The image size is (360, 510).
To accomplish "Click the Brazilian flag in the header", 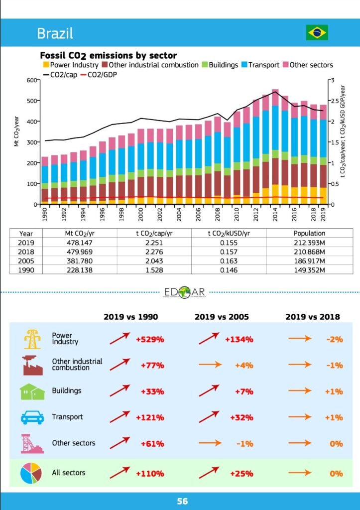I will tap(317, 33).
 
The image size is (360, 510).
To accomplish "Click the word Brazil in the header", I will tap(55, 33).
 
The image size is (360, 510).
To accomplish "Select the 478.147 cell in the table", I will tap(80, 242).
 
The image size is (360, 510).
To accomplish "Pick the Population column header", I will tap(309, 233).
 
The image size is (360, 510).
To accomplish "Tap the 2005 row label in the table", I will tap(26, 261).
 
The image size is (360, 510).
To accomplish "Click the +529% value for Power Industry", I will tap(150, 340).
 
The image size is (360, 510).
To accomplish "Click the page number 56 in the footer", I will tap(182, 501).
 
